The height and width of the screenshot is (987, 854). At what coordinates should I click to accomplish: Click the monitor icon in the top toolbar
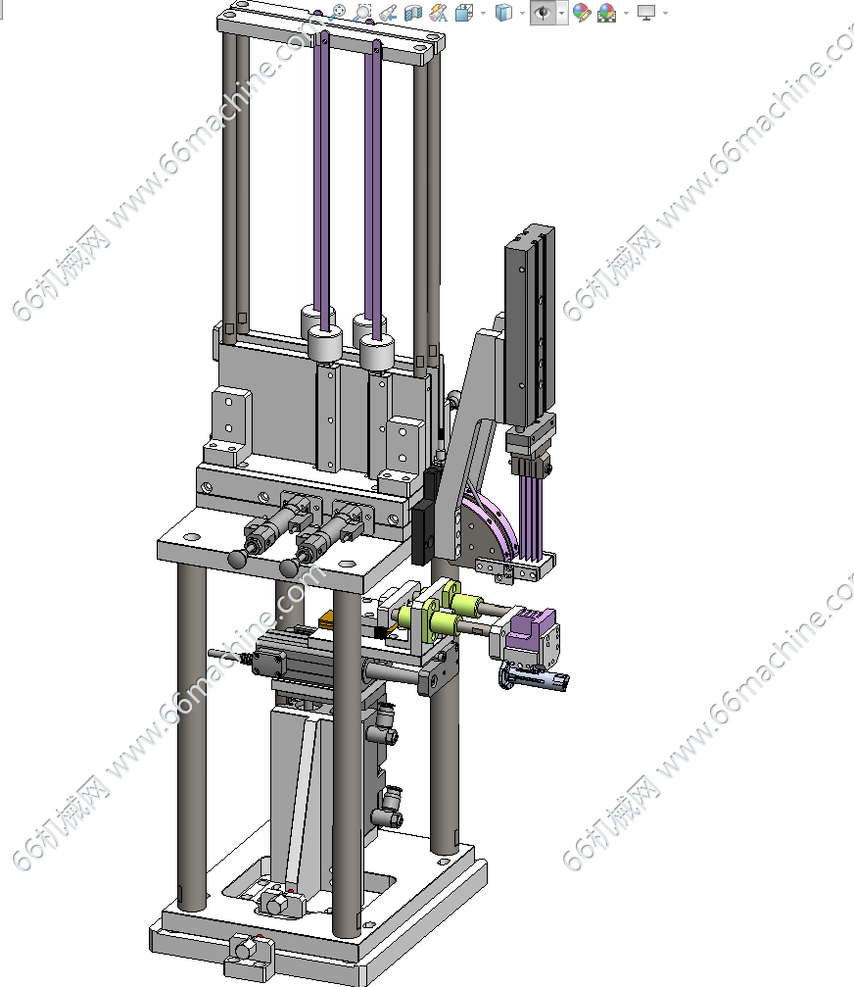(645, 12)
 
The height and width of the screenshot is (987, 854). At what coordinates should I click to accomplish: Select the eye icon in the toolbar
(543, 13)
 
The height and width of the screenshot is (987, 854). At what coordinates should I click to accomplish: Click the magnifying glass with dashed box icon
(362, 12)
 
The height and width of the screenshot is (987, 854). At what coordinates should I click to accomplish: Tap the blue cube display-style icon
(503, 12)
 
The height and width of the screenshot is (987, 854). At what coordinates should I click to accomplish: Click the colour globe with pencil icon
(582, 12)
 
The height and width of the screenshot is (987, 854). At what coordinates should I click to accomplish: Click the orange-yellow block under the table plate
(329, 622)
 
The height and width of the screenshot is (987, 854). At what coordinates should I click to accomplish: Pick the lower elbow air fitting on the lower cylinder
(386, 811)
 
